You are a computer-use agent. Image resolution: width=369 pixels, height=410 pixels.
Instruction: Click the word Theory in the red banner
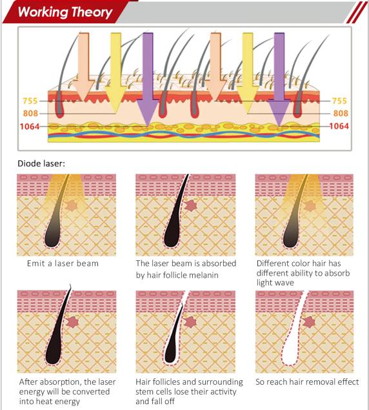click(92, 12)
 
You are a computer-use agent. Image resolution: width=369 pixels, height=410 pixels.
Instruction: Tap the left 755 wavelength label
click(30, 101)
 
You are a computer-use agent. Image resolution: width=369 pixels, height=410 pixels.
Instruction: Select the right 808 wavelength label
click(341, 113)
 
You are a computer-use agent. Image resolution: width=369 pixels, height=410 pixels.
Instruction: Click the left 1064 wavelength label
click(30, 127)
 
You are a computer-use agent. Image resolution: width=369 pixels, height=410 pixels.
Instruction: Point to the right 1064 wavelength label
click(339, 127)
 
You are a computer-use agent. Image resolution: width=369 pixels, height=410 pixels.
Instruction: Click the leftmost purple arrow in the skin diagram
click(148, 78)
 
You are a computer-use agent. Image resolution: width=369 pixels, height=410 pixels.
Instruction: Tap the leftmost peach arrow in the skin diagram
click(83, 67)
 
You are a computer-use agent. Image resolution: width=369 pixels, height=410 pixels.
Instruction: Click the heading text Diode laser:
click(41, 164)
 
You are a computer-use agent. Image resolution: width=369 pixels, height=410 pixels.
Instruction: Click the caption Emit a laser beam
click(63, 263)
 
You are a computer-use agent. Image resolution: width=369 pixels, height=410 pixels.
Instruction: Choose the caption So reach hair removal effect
click(307, 382)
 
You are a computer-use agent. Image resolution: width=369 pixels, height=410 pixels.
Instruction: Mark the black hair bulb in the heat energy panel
click(54, 353)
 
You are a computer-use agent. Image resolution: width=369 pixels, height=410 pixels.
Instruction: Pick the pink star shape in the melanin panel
click(191, 206)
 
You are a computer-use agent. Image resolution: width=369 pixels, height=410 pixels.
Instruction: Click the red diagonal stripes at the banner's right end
click(357, 12)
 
